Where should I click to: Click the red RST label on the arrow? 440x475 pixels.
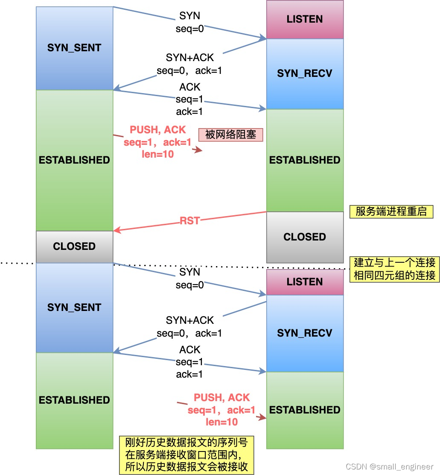pyautogui.click(x=189, y=221)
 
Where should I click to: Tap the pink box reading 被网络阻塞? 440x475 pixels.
pyautogui.click(x=230, y=135)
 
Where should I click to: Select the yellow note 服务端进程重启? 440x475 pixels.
pyautogui.click(x=391, y=211)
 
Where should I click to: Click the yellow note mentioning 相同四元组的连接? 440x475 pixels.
pyautogui.click(x=394, y=269)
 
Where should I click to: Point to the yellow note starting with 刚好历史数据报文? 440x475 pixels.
pyautogui.click(x=186, y=454)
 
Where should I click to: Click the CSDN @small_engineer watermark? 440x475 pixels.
pyautogui.click(x=389, y=467)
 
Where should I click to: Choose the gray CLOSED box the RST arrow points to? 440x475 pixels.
pyautogui.click(x=74, y=246)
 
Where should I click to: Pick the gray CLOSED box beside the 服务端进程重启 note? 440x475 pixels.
pyautogui.click(x=305, y=237)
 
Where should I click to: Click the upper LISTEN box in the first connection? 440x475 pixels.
pyautogui.click(x=305, y=19)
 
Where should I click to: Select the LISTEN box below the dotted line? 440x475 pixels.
pyautogui.click(x=305, y=282)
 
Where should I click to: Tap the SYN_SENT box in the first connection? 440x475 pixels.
pyautogui.click(x=74, y=48)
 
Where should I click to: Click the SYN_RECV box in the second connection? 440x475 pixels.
pyautogui.click(x=305, y=333)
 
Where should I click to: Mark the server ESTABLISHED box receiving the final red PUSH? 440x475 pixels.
pyautogui.click(x=305, y=410)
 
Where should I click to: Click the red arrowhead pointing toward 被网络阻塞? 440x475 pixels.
pyautogui.click(x=198, y=150)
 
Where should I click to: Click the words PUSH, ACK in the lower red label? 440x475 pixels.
pyautogui.click(x=221, y=398)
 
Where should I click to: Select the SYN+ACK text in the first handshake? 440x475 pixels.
pyautogui.click(x=189, y=57)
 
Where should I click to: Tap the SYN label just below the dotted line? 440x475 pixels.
pyautogui.click(x=189, y=272)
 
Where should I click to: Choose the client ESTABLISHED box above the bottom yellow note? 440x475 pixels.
pyautogui.click(x=74, y=400)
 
